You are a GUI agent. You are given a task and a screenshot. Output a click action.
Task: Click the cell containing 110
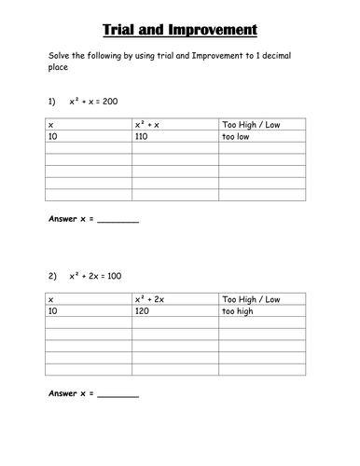click(x=144, y=136)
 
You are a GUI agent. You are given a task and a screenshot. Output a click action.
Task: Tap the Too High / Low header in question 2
click(x=251, y=299)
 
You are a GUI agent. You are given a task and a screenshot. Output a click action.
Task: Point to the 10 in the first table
click(x=52, y=136)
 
